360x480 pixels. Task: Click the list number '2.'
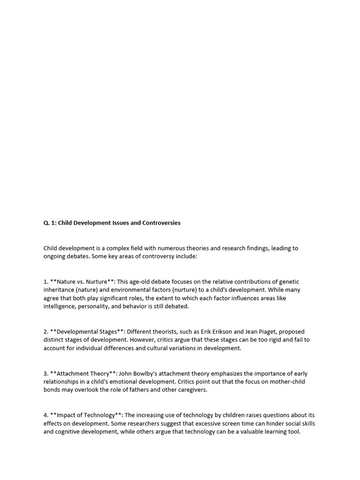click(46, 332)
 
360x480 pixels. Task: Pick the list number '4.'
click(46, 415)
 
